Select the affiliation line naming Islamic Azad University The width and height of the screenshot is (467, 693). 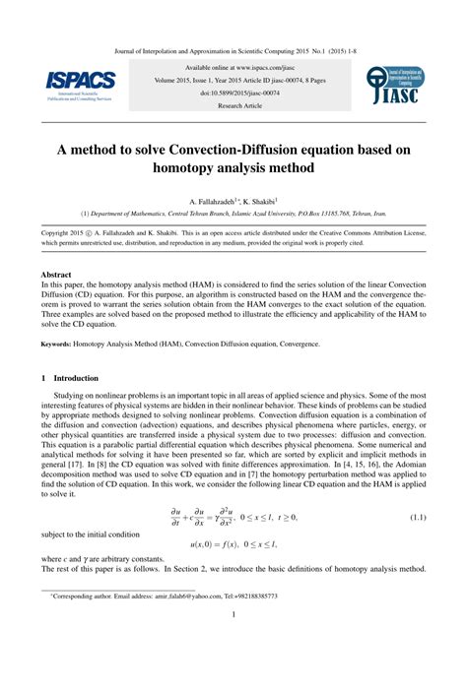click(x=233, y=213)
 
